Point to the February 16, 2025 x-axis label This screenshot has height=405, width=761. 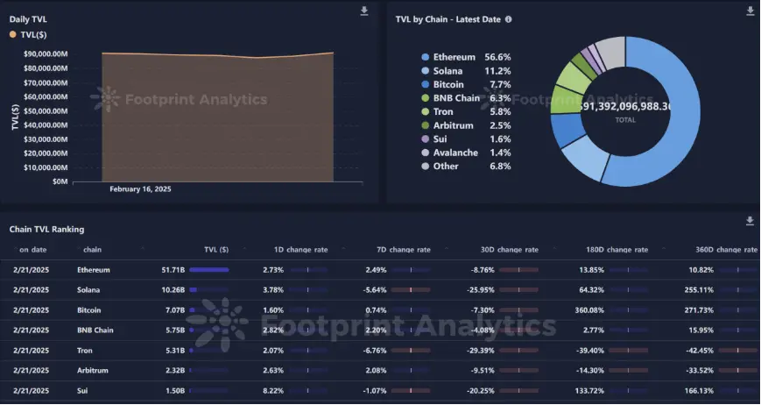[140, 188]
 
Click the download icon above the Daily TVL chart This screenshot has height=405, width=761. [364, 11]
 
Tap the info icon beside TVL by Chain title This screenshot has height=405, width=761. [509, 18]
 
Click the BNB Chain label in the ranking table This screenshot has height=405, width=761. [97, 330]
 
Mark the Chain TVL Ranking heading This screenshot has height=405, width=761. [46, 229]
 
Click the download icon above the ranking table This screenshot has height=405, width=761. [750, 221]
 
